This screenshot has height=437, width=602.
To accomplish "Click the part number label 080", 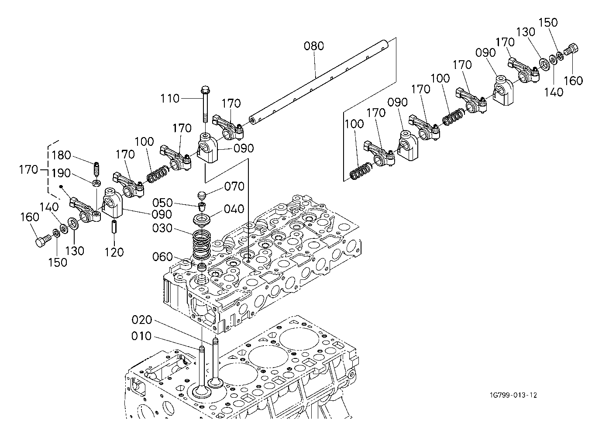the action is coord(313,46).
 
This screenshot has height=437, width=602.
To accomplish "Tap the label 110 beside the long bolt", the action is coord(169,99).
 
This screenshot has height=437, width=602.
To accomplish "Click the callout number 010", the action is coord(141,336).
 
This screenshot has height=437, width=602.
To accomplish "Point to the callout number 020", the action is coord(142,320).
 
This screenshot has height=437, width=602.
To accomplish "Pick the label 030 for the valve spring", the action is coord(162,228).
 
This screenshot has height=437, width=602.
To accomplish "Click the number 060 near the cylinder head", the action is coord(162,257).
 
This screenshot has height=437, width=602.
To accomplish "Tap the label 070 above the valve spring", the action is coord(234,186).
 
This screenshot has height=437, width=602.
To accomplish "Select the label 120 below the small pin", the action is coord(114,252).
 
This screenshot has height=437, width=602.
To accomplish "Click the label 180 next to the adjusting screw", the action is coord(61,155).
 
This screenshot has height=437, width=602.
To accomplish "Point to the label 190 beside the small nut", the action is coord(61,173).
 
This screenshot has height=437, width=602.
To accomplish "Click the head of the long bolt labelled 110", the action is coord(205,89).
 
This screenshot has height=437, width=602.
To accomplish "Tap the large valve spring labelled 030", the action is coord(202,245).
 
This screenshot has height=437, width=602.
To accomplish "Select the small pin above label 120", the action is coord(114,227).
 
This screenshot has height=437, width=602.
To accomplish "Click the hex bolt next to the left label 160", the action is coord(43,241).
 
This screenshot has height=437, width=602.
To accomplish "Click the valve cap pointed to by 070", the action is coord(202,196).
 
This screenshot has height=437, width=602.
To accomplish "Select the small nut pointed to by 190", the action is coord(97,183).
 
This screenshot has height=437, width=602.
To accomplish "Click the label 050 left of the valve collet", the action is coord(162,203).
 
